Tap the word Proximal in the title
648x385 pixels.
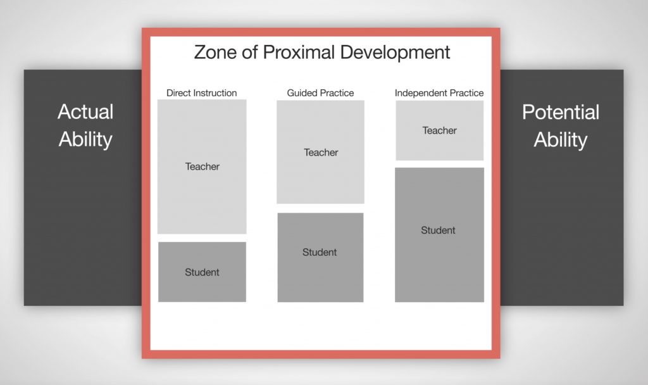[x=299, y=53]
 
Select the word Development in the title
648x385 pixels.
[x=395, y=53]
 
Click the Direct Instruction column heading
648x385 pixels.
[x=202, y=93]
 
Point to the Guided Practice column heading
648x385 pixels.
[x=320, y=93]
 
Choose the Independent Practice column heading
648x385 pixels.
[x=439, y=93]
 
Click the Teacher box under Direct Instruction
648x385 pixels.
[x=202, y=167]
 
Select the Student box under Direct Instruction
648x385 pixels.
[x=202, y=272]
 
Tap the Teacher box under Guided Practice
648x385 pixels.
[x=321, y=152]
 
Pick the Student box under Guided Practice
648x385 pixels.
[x=321, y=258]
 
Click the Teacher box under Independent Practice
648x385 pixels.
[x=440, y=130]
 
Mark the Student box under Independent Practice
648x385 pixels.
[x=440, y=235]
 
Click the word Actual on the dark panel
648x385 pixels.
[x=85, y=111]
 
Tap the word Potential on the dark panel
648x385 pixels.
[x=561, y=112]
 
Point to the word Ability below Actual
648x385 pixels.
[x=85, y=140]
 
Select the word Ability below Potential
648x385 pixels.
[x=561, y=140]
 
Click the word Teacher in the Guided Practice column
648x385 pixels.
[x=321, y=153]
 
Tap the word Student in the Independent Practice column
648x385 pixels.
[x=438, y=230]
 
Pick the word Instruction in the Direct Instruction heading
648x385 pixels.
[x=213, y=93]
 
